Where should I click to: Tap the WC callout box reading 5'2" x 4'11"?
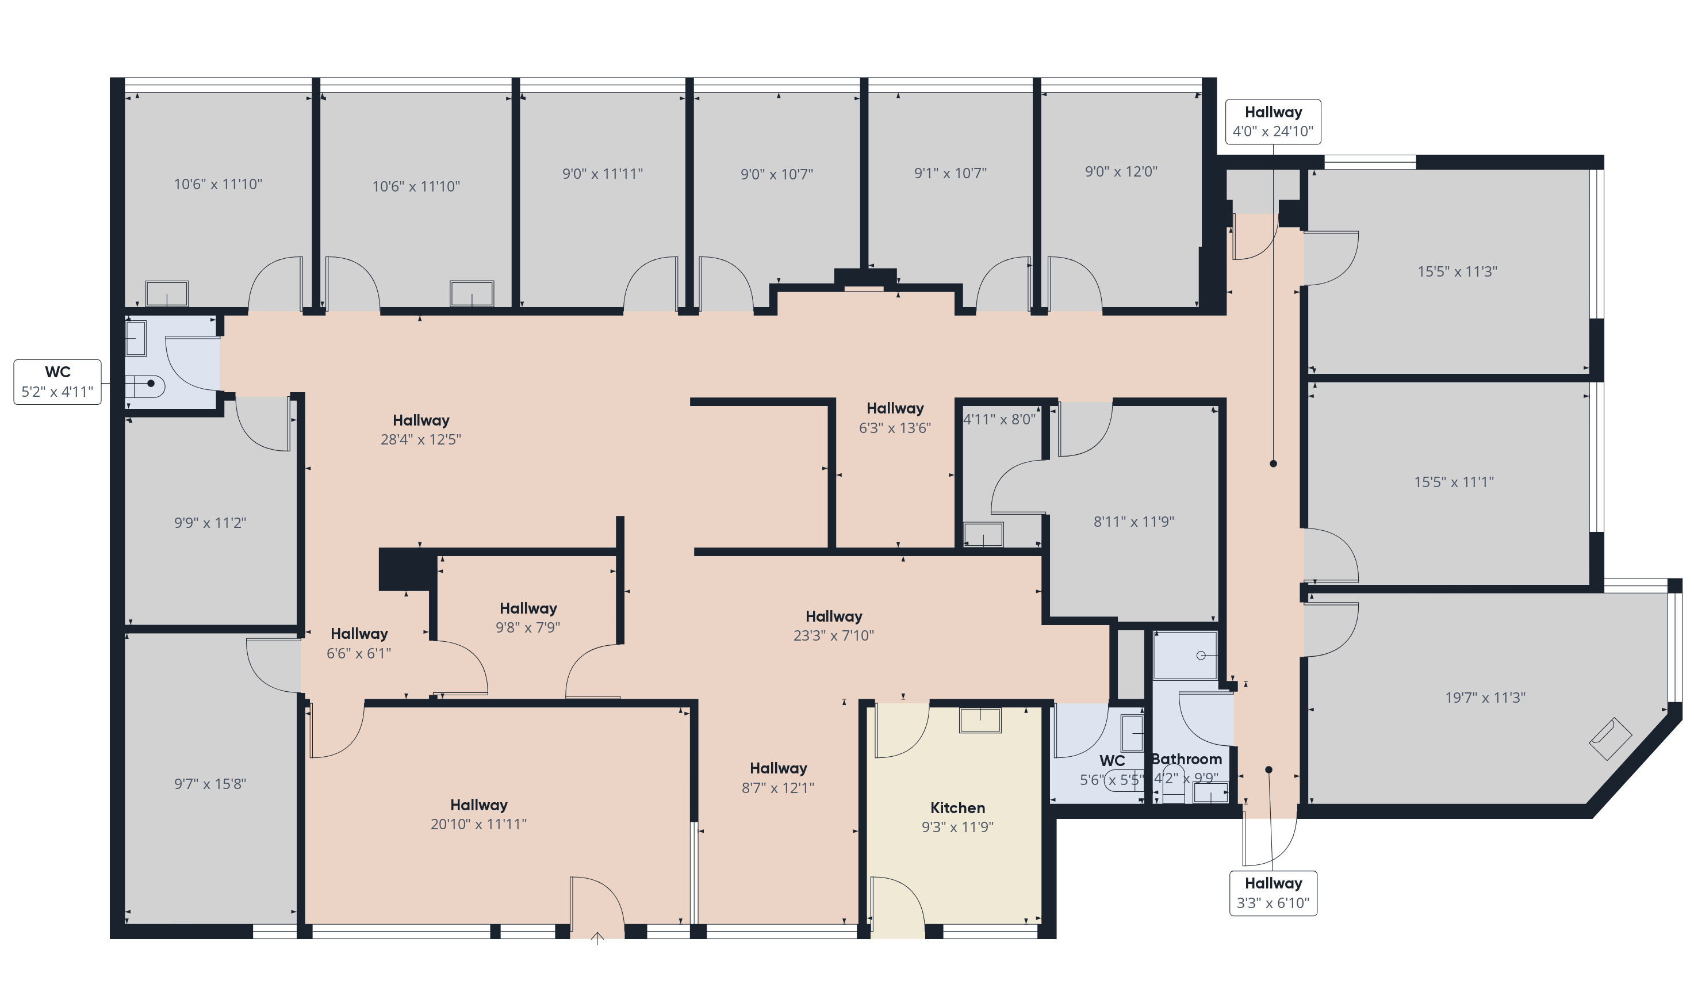click(58, 382)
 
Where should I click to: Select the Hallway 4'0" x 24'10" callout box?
click(1273, 122)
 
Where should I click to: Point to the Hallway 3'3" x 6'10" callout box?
click(1273, 893)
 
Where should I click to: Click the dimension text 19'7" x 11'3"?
click(1485, 698)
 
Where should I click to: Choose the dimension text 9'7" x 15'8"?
click(210, 784)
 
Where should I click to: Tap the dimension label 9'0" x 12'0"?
click(1121, 171)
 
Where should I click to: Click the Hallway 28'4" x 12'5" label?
click(421, 430)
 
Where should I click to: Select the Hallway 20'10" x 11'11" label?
click(478, 814)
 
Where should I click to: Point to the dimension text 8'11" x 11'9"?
click(1133, 522)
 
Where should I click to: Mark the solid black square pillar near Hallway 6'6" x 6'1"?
click(406, 569)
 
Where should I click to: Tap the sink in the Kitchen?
click(979, 721)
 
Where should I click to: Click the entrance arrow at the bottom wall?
click(597, 938)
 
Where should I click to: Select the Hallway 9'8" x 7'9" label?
click(528, 618)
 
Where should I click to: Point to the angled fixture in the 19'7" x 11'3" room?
click(1610, 740)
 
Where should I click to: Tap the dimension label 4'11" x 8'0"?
click(999, 419)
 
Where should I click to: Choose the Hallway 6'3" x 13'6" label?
click(895, 418)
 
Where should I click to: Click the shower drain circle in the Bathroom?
click(1201, 655)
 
